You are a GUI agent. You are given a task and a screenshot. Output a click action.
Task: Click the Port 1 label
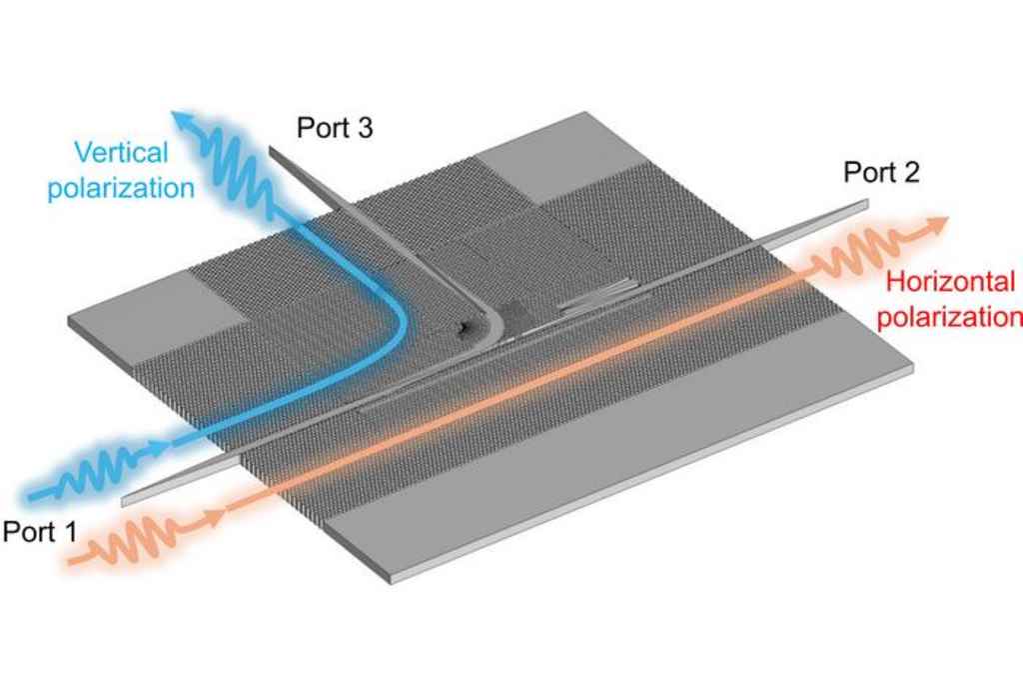tap(39, 531)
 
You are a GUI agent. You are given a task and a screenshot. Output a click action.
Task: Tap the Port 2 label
tap(880, 172)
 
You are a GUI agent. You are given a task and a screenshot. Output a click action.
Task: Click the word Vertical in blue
tap(122, 153)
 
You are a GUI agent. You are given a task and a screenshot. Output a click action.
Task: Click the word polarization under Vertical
tap(121, 187)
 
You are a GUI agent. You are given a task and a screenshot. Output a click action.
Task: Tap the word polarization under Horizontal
tap(955, 318)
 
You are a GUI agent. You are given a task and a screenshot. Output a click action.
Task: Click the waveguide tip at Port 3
tap(273, 151)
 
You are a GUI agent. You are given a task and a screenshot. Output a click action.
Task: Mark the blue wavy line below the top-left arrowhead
tap(235, 165)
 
